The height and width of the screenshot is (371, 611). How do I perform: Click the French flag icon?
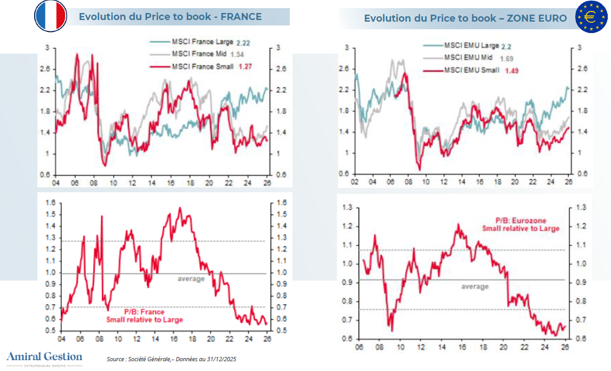point(50,16)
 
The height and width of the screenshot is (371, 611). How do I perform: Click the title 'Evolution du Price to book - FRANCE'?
point(170,17)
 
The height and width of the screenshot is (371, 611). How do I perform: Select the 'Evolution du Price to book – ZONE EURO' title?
point(465,18)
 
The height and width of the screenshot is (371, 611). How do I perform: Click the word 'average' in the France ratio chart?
point(191,279)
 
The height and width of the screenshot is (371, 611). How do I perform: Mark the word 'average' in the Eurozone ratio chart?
point(474,287)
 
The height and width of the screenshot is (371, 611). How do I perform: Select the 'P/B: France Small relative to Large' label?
point(144,316)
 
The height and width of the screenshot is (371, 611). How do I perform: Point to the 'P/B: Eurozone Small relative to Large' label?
point(521,225)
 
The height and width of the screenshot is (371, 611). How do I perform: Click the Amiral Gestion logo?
point(44,357)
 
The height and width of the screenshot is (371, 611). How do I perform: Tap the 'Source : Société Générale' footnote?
point(171,359)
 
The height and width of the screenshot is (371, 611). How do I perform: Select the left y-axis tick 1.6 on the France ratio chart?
point(51,203)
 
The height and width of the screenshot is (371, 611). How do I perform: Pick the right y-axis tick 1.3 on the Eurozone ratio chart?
point(582,208)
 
